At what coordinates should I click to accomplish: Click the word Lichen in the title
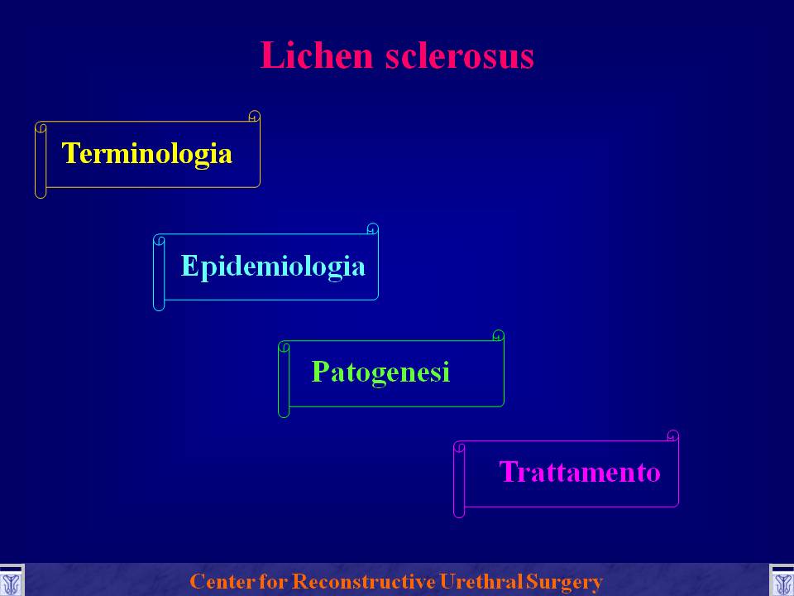click(x=317, y=55)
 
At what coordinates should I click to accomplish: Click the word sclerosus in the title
click(x=459, y=55)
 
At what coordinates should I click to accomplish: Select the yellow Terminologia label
click(x=147, y=154)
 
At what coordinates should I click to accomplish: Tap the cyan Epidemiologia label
click(x=273, y=267)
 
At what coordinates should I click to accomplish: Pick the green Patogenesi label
click(x=380, y=372)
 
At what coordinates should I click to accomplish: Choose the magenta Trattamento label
click(x=579, y=472)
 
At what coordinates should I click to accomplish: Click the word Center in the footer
click(x=222, y=581)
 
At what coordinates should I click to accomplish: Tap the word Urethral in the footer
click(x=481, y=581)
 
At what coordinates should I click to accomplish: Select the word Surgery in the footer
click(x=563, y=582)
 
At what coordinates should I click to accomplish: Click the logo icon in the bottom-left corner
click(x=11, y=581)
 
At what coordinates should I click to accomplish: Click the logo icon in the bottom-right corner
click(x=782, y=581)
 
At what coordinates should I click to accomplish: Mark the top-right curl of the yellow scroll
click(x=254, y=117)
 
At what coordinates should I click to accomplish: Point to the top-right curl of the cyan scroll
click(x=373, y=229)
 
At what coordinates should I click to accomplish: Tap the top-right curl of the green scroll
click(x=498, y=336)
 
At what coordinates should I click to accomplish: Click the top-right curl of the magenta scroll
click(x=673, y=436)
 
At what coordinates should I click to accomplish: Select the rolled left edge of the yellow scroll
click(x=41, y=160)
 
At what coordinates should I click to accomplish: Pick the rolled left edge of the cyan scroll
click(x=159, y=272)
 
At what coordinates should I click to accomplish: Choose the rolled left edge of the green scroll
click(x=284, y=380)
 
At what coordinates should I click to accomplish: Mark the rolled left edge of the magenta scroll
click(x=459, y=479)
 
